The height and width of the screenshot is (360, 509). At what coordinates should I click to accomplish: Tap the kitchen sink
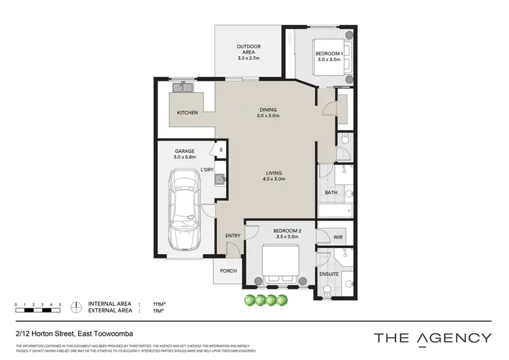coord(183,88)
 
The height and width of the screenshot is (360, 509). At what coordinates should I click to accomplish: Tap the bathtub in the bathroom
coord(336,211)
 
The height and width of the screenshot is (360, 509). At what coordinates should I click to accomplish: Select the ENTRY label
coord(233,236)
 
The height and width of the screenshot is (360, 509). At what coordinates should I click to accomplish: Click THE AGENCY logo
coord(432,337)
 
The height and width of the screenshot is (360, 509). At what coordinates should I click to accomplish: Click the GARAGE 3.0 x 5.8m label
coord(184,154)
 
